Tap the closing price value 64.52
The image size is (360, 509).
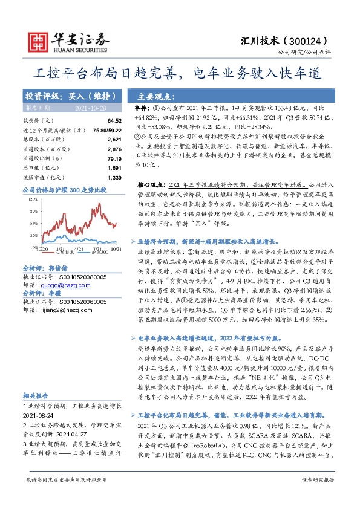coord(114,121)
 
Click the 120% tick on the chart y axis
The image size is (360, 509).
coord(32,198)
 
